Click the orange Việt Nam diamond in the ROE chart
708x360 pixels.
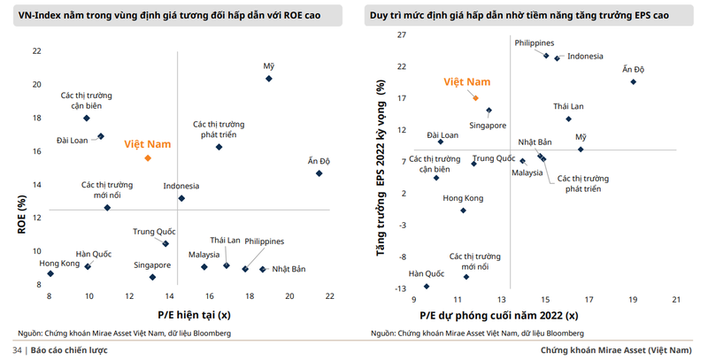pyautogui.click(x=148, y=158)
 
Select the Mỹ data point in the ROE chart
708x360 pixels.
pyautogui.click(x=269, y=79)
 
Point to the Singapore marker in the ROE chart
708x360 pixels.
pyautogui.click(x=152, y=277)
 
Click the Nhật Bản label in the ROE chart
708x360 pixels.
pyautogui.click(x=288, y=269)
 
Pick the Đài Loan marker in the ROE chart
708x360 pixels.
pyautogui.click(x=101, y=136)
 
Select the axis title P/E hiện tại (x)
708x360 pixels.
pyautogui.click(x=194, y=315)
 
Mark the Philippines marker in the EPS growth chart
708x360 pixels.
pyautogui.click(x=546, y=55)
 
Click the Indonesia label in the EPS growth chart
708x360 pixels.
pyautogui.click(x=585, y=57)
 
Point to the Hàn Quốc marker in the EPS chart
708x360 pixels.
pyautogui.click(x=427, y=286)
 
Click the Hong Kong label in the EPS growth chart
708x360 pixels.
pyautogui.click(x=463, y=197)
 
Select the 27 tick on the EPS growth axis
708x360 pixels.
pyautogui.click(x=401, y=34)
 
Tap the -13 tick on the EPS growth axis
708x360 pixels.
pyautogui.click(x=401, y=288)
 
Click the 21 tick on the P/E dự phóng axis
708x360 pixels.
pyautogui.click(x=676, y=300)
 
